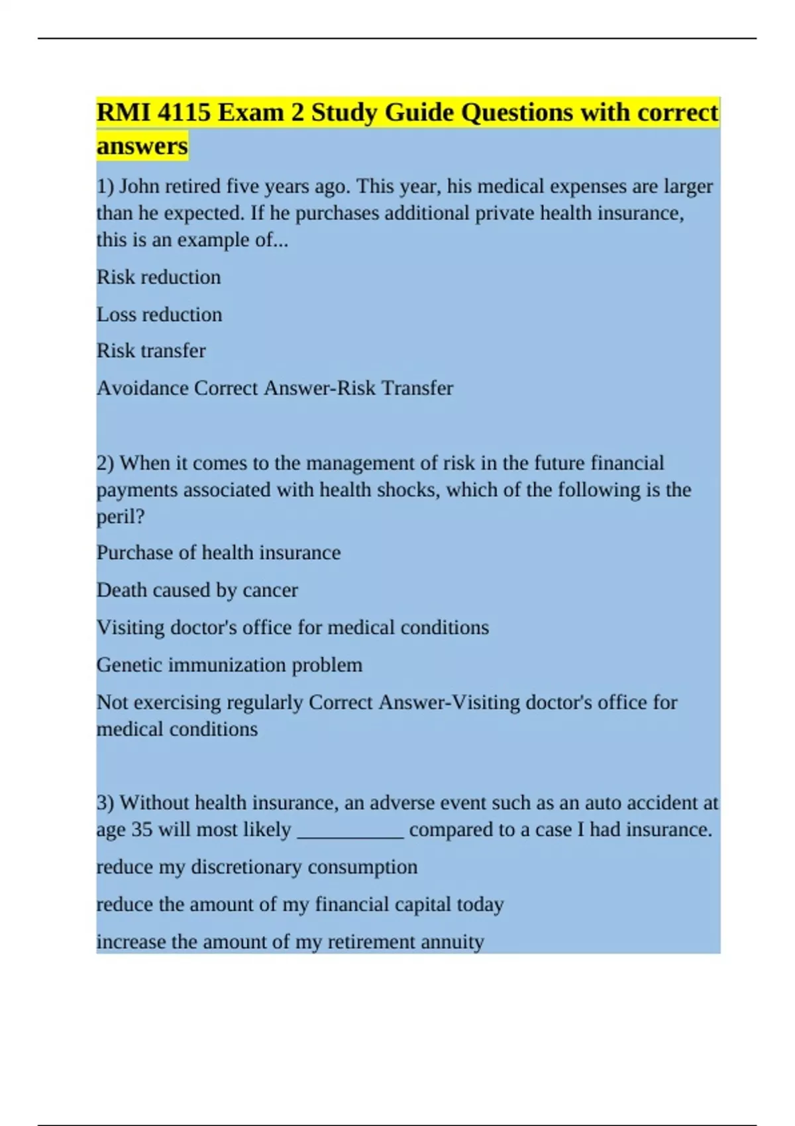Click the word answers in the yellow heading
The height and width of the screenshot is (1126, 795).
(x=142, y=146)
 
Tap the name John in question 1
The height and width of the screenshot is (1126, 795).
(x=139, y=186)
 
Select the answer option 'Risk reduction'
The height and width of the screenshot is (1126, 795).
(x=158, y=277)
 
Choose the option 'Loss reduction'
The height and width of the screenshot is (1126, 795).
(x=159, y=314)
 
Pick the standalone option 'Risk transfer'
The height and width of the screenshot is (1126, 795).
(x=151, y=350)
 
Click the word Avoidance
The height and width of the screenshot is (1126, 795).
(x=142, y=387)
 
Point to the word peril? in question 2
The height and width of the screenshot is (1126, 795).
(x=120, y=517)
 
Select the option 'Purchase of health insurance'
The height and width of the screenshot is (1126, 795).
(x=218, y=552)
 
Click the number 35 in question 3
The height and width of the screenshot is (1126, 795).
(x=142, y=829)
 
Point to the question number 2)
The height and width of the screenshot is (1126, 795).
(x=105, y=463)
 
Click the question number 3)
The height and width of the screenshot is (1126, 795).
(x=105, y=803)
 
